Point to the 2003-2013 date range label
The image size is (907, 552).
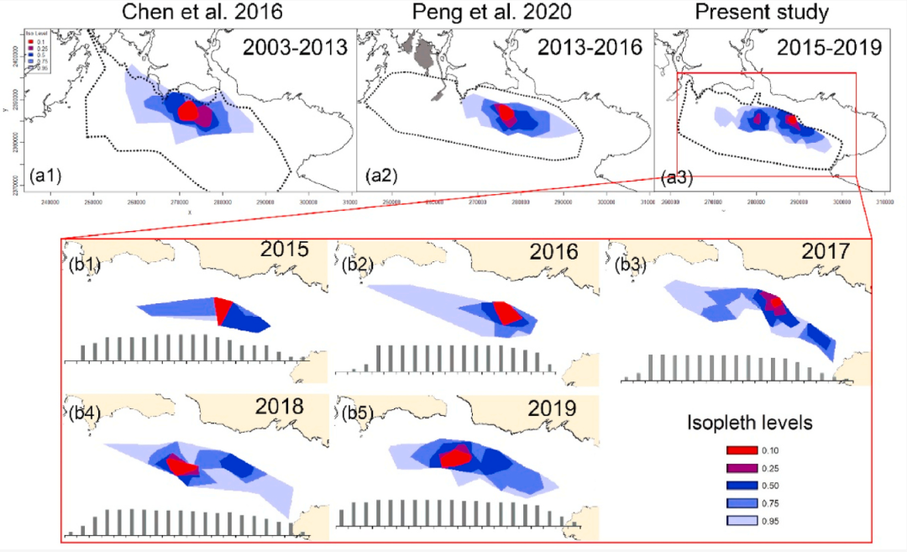295,47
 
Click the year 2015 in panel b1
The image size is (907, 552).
284,250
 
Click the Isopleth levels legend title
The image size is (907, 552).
749,423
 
